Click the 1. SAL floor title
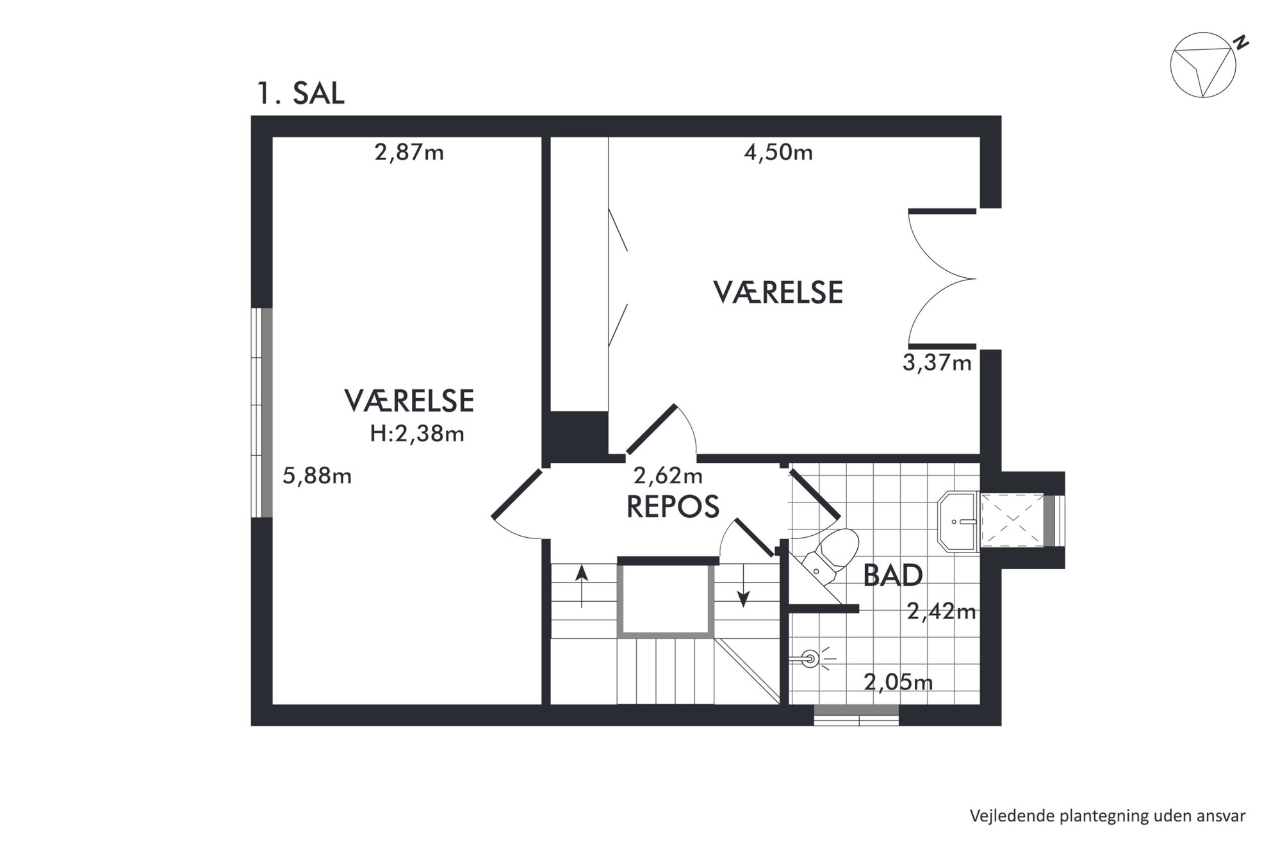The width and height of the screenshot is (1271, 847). [300, 93]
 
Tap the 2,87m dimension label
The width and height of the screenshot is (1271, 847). [409, 153]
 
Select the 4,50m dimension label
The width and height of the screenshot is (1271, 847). [778, 153]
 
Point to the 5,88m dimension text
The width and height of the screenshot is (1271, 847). [317, 476]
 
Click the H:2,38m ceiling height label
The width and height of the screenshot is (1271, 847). [417, 434]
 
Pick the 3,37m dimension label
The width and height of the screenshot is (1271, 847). [937, 363]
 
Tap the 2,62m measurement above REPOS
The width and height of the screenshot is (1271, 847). [668, 476]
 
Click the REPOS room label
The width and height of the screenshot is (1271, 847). [673, 506]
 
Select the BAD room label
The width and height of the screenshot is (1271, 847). [892, 576]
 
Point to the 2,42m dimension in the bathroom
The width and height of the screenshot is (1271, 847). [942, 612]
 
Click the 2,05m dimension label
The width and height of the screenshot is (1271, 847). [898, 682]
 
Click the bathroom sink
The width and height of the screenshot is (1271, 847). [958, 521]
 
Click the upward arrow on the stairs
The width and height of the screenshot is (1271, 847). [582, 586]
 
